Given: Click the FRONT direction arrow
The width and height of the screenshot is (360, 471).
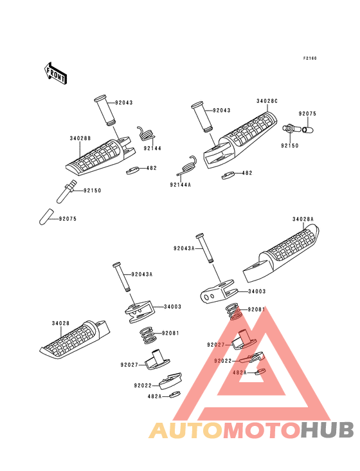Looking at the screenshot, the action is point(55,73).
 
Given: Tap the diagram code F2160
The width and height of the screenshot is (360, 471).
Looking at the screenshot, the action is point(310,59).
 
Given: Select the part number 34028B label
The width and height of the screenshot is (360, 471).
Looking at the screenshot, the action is point(80,138).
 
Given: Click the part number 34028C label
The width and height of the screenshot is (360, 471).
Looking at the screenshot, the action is point(267,101).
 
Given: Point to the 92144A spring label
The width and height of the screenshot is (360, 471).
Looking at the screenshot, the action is point(180,185).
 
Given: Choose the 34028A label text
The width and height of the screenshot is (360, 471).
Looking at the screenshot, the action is point(303,219).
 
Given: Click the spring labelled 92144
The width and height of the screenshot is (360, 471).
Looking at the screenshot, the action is point(147,134).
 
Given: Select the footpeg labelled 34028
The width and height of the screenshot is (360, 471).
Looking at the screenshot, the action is point(75,340).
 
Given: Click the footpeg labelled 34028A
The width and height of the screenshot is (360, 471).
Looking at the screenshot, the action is point(281,254).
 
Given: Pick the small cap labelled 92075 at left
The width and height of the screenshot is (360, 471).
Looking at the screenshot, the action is point(46,217).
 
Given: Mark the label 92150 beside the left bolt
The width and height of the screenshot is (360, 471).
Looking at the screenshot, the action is point(93,190).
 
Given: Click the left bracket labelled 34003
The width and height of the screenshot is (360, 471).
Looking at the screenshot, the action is point(139,311).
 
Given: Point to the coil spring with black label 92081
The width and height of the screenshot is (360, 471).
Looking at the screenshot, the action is point(148,335).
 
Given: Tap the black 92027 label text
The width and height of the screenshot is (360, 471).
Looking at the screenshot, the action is point(129,365).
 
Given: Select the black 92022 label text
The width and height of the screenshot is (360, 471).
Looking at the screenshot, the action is point(143,385).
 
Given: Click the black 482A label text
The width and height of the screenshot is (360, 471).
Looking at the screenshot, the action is point(154,396).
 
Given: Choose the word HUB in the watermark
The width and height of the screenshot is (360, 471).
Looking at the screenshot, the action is point(328,430).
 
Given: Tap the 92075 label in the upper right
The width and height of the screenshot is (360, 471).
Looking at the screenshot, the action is point(307,114).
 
